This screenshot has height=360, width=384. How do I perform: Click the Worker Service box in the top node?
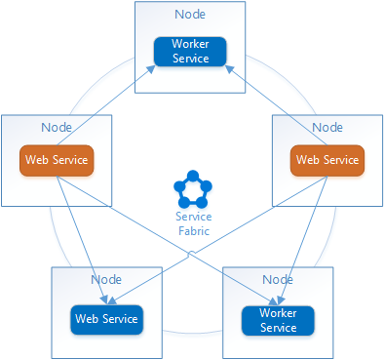(190, 52)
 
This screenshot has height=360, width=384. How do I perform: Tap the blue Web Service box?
(106, 318)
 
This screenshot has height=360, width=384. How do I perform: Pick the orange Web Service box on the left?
(57, 160)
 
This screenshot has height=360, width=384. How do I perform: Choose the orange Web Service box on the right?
(327, 160)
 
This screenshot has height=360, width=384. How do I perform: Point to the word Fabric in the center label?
(192, 230)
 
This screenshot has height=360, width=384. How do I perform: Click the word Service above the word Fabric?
(192, 217)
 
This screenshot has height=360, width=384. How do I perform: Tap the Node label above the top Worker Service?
(190, 15)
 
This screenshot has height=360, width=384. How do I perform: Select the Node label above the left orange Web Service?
(57, 128)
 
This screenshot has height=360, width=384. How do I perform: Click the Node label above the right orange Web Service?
(327, 128)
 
